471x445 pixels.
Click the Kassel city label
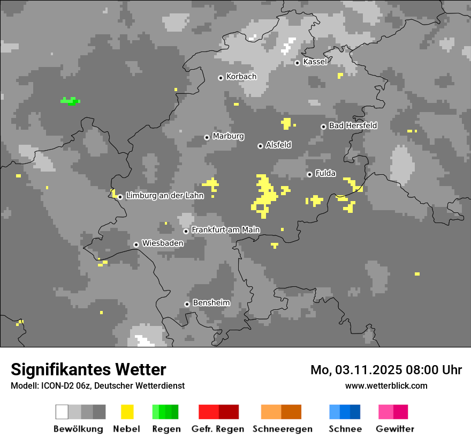[315, 62]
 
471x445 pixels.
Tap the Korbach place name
[241, 77]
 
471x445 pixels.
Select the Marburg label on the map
[228, 136]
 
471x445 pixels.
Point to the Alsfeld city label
[278, 145]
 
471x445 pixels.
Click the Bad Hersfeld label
[353, 125]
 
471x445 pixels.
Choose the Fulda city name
[325, 173]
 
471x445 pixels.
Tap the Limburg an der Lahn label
[165, 196]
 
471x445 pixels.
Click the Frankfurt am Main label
[225, 230]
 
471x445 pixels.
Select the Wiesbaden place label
[163, 243]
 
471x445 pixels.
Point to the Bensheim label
[211, 303]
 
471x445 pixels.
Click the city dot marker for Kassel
[297, 63]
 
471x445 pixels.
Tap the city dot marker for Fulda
[309, 174]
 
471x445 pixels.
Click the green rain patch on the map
[70, 101]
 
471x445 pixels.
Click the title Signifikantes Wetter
[88, 369]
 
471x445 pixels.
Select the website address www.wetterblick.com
[386, 385]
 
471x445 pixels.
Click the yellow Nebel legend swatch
[127, 412]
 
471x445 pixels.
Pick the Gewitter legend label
[394, 429]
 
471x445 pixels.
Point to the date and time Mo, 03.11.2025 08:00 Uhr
[386, 370]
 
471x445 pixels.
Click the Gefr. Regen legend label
[218, 429]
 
